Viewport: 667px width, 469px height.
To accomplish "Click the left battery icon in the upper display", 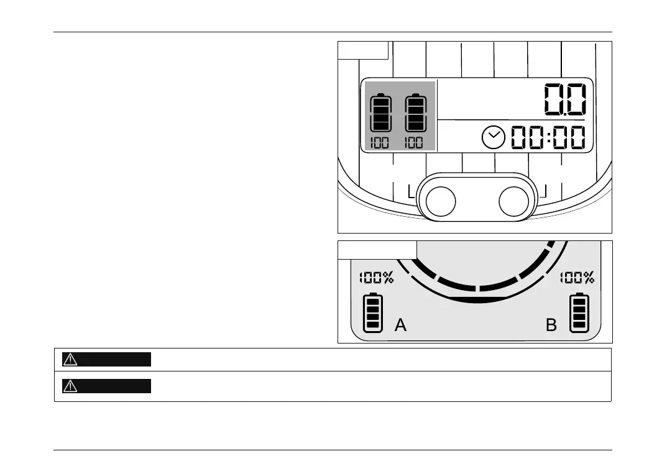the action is (x=379, y=113).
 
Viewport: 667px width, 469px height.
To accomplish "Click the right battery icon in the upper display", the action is (x=414, y=113).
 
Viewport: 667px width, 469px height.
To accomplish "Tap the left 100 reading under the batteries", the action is (x=379, y=142).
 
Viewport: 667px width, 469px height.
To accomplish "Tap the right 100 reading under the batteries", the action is (x=414, y=142).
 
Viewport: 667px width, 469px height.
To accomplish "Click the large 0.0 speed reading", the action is (x=565, y=99).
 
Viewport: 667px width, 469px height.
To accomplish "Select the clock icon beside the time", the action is (x=494, y=137).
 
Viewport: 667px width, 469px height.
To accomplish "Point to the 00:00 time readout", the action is (x=548, y=137).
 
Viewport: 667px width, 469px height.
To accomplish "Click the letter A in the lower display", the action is (x=401, y=325).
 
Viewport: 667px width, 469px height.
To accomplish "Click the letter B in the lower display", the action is (x=551, y=325).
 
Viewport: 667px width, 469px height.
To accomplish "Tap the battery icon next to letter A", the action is (x=373, y=312).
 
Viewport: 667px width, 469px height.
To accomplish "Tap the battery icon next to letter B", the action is (x=579, y=312).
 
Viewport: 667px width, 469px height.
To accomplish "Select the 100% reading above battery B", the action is (x=577, y=278).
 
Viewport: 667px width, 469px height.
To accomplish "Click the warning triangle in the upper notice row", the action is (x=70, y=359).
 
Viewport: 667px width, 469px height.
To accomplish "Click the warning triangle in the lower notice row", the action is (x=70, y=386).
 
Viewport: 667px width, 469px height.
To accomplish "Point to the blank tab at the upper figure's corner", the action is (x=363, y=50).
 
